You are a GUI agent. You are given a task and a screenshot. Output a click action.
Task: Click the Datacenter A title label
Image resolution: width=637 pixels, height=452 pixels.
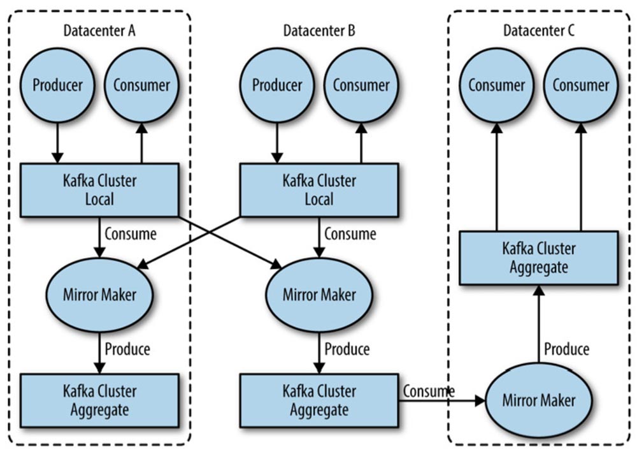99,30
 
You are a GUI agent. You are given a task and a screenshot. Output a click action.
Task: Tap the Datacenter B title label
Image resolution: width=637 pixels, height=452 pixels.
319,30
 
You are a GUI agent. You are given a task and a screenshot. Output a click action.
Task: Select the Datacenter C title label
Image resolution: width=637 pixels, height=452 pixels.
539,30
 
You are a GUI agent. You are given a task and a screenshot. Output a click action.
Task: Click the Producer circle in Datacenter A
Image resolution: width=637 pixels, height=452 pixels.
57,85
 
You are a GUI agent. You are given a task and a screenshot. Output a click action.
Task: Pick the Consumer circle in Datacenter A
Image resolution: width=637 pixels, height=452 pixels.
141,85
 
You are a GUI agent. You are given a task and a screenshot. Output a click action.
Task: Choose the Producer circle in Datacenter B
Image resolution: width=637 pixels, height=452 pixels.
276,85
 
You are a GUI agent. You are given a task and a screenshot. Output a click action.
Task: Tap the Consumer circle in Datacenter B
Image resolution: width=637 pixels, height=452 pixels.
361,85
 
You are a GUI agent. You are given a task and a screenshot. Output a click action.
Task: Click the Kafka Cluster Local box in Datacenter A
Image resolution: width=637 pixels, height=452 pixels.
99,189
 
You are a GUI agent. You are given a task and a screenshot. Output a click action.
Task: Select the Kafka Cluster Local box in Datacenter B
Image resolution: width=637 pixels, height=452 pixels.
319,189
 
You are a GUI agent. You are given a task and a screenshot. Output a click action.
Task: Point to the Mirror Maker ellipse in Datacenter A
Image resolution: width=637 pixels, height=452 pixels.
99,295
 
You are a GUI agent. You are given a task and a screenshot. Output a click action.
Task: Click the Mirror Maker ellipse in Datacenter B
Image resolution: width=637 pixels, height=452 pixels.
319,295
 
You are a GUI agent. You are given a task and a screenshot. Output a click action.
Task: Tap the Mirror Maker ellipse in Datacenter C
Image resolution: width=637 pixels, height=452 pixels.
539,400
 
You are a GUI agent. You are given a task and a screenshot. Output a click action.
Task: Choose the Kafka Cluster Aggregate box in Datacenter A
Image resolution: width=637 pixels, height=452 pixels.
99,400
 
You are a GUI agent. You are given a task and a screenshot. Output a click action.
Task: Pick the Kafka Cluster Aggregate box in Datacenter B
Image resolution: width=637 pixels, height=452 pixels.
319,400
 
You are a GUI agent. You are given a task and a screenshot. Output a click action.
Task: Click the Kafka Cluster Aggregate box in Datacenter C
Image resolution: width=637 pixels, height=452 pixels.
539,258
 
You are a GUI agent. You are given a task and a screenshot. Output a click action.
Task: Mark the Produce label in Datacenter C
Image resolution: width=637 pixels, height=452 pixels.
567,349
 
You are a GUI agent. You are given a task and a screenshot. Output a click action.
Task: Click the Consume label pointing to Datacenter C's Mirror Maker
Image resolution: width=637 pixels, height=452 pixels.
429,391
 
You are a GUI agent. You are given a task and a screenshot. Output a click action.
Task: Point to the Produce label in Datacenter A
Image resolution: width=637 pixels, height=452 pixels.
127,349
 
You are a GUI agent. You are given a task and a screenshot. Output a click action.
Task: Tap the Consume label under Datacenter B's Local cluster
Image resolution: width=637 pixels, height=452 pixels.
350,234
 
